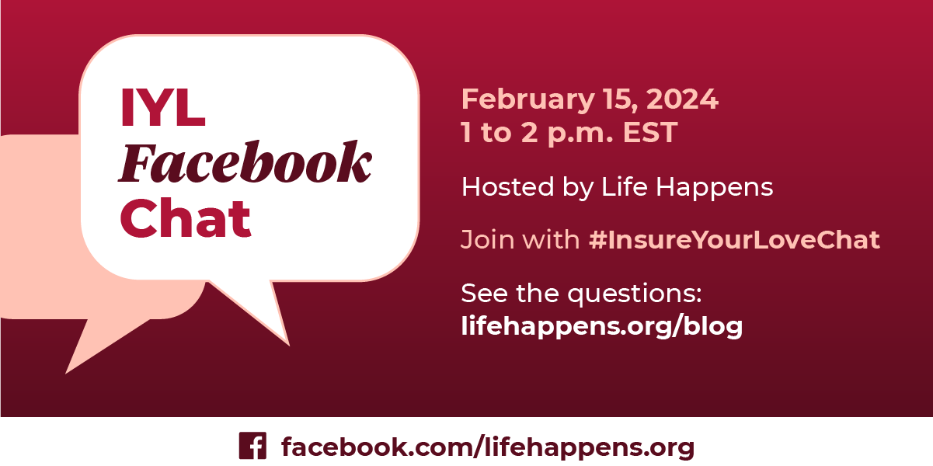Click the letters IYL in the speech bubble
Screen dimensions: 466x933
[162, 108]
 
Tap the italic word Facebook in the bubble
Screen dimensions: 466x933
[245, 165]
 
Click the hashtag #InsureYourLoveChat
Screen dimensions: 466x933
[734, 240]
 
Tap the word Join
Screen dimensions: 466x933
[482, 240]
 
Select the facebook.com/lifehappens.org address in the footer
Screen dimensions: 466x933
[487, 447]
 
